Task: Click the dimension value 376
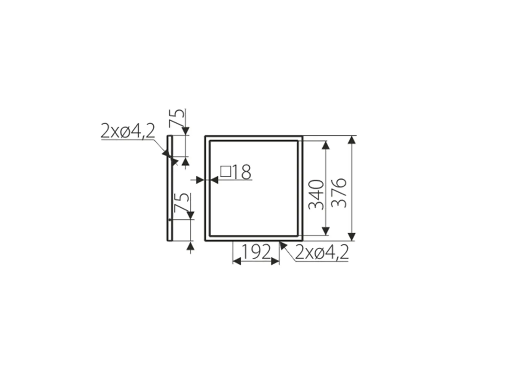tap(340, 193)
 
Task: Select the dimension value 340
tap(317, 195)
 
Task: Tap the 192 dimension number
tap(256, 252)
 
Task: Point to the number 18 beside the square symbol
tap(242, 172)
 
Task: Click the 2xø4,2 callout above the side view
tap(128, 131)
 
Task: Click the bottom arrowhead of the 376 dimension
tap(352, 237)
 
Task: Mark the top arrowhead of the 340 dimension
tap(326, 145)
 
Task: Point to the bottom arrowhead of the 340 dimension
tap(326, 231)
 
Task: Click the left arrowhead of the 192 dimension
tap(237, 261)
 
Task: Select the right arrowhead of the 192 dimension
tap(275, 261)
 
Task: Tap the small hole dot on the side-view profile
tap(170, 220)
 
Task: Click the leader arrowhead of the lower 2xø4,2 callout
tap(283, 245)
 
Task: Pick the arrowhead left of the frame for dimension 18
tap(200, 180)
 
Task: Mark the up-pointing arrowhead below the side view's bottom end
tap(190, 246)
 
